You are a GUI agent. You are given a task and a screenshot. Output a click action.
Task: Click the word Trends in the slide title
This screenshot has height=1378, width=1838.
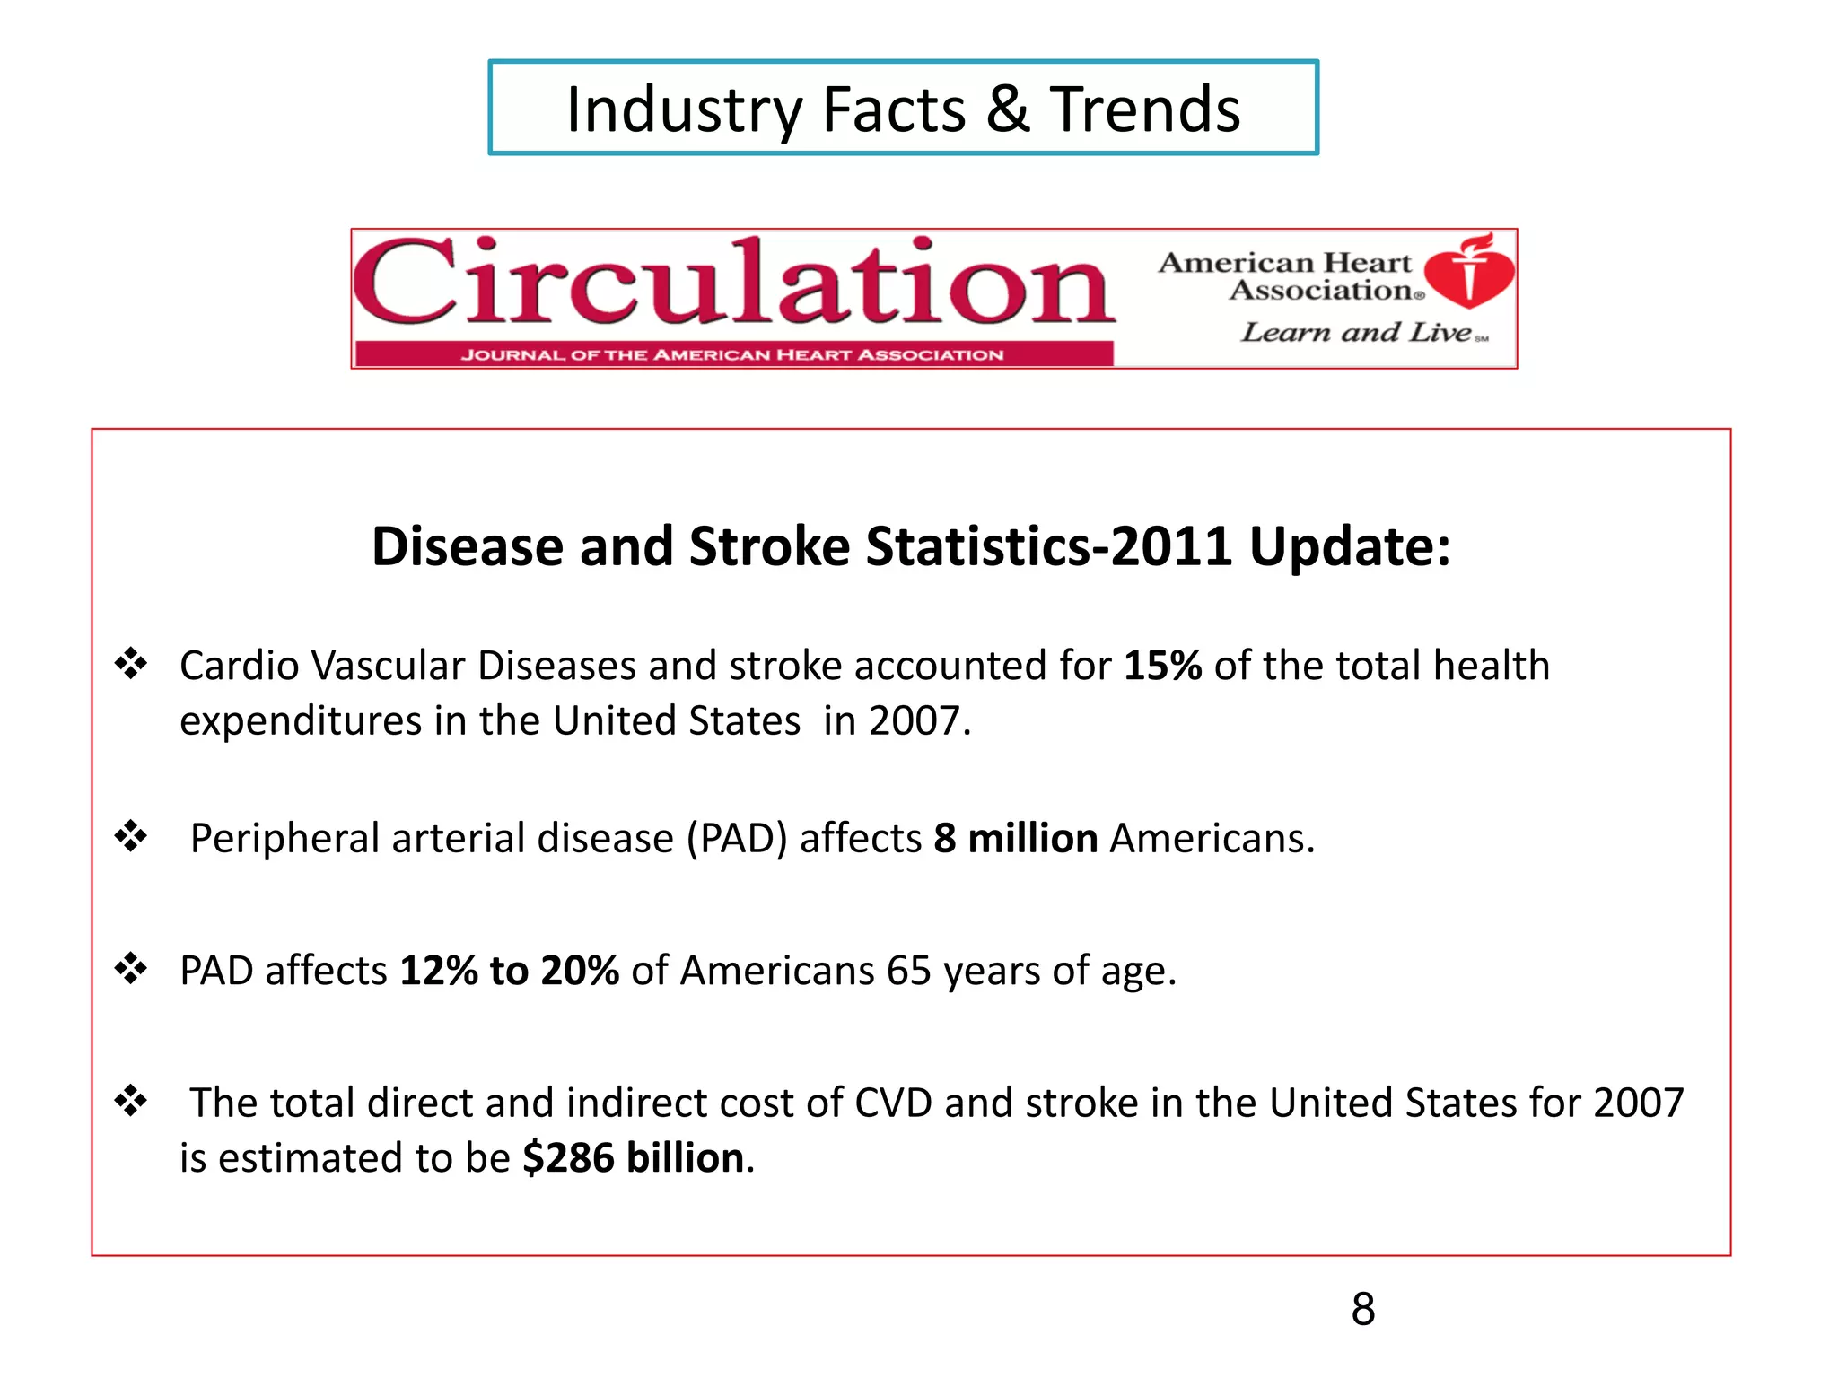click(x=1145, y=109)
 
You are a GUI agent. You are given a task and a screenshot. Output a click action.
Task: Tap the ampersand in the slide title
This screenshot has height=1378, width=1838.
click(x=1008, y=109)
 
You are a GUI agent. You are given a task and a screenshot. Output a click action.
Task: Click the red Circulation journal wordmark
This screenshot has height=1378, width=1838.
click(x=734, y=283)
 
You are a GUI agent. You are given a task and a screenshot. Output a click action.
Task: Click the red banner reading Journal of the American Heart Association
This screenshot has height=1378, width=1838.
click(x=732, y=355)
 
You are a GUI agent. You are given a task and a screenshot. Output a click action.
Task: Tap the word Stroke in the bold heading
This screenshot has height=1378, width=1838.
click(x=769, y=546)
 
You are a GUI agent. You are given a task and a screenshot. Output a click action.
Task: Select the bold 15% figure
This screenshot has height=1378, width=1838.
click(x=1162, y=666)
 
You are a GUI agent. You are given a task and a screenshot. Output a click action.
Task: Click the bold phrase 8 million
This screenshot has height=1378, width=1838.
click(x=1015, y=839)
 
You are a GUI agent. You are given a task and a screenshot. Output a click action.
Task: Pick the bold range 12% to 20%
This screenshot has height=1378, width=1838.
click(x=509, y=971)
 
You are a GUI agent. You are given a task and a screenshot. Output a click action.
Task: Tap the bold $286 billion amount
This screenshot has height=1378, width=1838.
click(x=634, y=1158)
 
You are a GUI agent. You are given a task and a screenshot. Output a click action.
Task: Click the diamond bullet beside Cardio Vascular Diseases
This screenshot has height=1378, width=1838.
click(x=131, y=664)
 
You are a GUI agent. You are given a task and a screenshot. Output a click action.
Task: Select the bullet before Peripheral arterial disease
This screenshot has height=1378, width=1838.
click(x=131, y=836)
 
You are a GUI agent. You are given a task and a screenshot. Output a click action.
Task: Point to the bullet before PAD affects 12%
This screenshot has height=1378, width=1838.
click(x=131, y=969)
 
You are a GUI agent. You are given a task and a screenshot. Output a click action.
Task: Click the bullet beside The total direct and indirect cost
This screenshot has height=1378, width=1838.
click(x=131, y=1101)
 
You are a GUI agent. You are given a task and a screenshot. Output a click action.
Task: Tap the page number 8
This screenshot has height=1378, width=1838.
click(x=1362, y=1309)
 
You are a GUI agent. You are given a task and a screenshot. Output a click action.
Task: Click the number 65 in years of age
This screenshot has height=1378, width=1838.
click(x=908, y=971)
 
